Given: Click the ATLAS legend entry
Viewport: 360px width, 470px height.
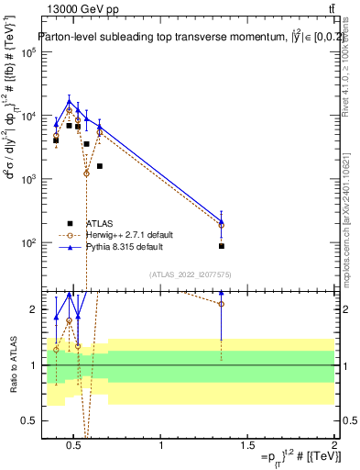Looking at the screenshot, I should (x=100, y=223).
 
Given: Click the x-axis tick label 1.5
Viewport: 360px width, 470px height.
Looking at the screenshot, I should (x=247, y=449).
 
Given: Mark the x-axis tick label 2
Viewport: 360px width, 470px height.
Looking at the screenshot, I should (x=333, y=449).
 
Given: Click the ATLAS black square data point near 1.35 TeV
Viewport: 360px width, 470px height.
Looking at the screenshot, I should (x=222, y=246).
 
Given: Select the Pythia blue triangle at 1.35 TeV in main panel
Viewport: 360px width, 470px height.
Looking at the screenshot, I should (x=222, y=220).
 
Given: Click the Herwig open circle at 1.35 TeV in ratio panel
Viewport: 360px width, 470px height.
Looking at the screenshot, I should (x=222, y=303).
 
